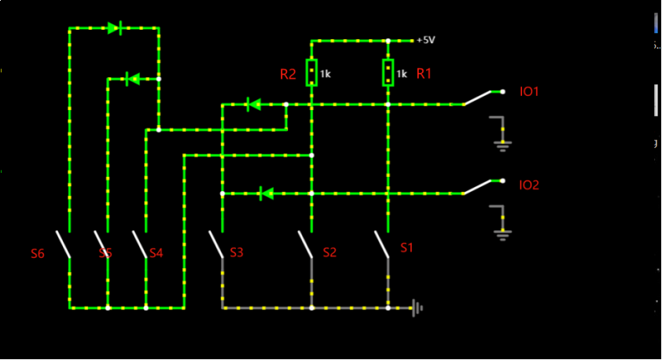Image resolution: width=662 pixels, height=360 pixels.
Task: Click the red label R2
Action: pyautogui.click(x=288, y=75)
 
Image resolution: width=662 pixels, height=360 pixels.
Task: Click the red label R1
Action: pyautogui.click(x=425, y=73)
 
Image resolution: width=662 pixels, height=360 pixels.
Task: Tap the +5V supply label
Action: pyautogui.click(x=425, y=39)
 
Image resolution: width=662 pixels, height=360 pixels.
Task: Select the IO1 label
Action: pyautogui.click(x=529, y=91)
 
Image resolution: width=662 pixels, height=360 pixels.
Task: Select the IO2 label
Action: pyautogui.click(x=529, y=186)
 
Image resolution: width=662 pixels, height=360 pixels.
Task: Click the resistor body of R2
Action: pyautogui.click(x=312, y=72)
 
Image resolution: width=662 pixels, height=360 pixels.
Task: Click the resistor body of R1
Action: pyautogui.click(x=388, y=72)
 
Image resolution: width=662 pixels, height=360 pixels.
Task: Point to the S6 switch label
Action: pyautogui.click(x=38, y=253)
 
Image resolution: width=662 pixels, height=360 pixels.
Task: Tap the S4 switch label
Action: pyautogui.click(x=156, y=253)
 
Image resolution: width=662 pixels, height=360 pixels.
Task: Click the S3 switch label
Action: pyautogui.click(x=236, y=252)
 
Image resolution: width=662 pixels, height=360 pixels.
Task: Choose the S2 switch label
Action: pyautogui.click(x=329, y=252)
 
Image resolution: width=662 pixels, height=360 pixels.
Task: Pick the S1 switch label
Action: pyautogui.click(x=406, y=248)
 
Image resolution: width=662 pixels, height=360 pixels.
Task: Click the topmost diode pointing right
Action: pyautogui.click(x=114, y=28)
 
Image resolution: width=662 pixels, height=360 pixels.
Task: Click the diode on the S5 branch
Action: pyautogui.click(x=133, y=79)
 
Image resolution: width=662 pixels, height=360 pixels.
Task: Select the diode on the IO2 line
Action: pyautogui.click(x=266, y=193)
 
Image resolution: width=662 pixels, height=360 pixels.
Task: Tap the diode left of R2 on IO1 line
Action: pyautogui.click(x=253, y=104)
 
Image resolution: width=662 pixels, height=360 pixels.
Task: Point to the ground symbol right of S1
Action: pyautogui.click(x=417, y=308)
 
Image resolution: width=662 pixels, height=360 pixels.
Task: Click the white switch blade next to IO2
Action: pyautogui.click(x=477, y=188)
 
